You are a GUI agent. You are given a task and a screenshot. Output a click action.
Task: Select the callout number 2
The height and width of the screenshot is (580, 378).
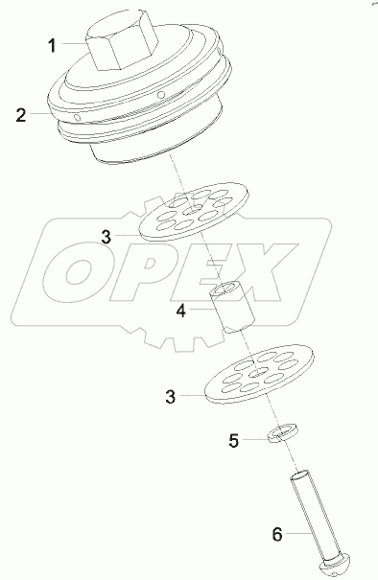[x=19, y=117]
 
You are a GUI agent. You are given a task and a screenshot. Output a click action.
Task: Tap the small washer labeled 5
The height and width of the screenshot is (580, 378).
[x=278, y=434]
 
